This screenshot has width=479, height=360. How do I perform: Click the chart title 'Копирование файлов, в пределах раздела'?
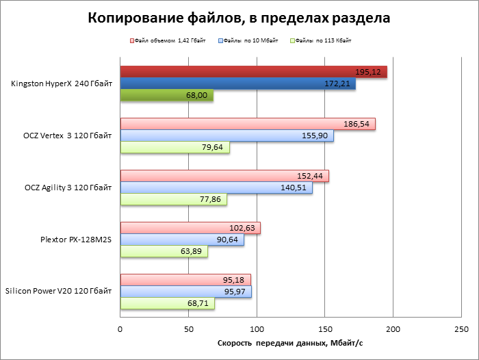point(239,18)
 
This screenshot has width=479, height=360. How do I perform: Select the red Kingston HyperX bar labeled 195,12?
point(253,72)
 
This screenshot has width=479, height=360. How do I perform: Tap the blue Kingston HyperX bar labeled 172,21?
point(237,83)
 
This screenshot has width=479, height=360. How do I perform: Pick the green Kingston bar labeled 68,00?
point(166,96)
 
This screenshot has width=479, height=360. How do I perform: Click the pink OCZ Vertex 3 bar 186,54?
point(248,124)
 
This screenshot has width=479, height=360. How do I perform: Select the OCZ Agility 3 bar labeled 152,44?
point(224,176)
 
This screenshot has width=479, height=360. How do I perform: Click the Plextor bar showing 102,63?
point(190,228)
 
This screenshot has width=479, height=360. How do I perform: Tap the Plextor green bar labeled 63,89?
point(164,251)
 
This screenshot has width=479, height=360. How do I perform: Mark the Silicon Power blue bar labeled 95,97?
point(185,292)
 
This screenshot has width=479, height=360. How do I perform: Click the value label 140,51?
point(296,188)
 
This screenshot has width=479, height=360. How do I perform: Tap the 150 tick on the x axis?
point(325,330)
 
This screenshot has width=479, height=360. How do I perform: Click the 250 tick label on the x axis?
point(461,330)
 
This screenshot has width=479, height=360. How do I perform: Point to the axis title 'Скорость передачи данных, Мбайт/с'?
point(290,343)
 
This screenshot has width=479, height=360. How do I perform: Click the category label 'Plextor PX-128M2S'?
point(76,240)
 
